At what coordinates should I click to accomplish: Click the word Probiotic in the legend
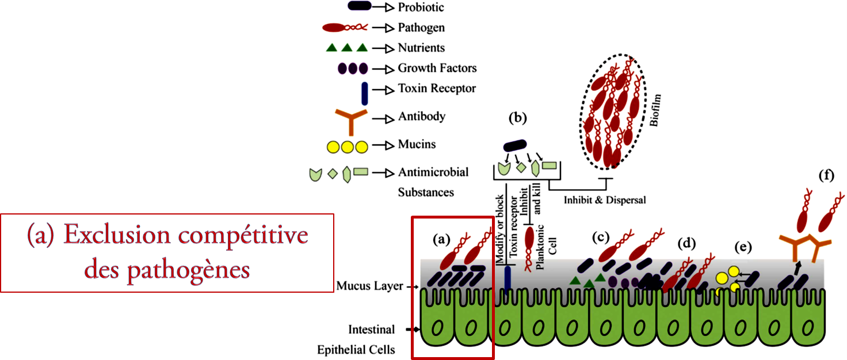(x=421, y=7)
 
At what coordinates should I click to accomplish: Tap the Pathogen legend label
(x=421, y=28)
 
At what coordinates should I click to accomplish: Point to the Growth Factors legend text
(x=437, y=68)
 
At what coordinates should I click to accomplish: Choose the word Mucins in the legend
(x=417, y=144)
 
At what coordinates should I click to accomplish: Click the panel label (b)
(x=518, y=118)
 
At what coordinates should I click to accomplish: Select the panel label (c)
(x=601, y=236)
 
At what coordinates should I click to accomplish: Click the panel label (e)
(x=743, y=247)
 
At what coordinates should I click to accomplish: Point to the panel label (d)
(x=686, y=243)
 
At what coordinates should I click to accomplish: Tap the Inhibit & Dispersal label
(x=604, y=200)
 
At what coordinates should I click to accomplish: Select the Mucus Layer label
(x=369, y=286)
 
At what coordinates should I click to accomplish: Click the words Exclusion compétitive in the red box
(x=167, y=235)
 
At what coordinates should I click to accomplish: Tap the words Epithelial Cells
(x=356, y=350)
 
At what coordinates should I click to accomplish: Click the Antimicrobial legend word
(x=433, y=172)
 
